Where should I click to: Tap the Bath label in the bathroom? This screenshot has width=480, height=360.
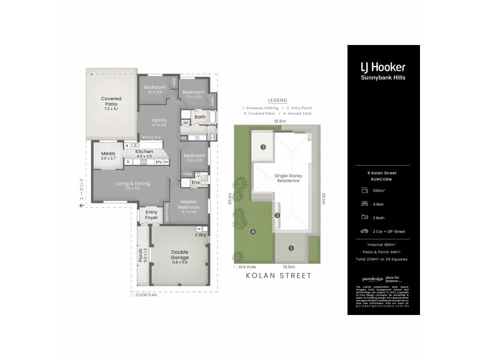(199, 117)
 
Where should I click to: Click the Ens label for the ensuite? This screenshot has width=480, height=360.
(195, 182)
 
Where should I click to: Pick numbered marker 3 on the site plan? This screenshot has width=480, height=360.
(263, 148)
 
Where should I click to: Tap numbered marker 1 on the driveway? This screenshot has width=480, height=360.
(291, 248)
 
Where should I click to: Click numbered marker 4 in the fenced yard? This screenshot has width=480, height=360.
(253, 231)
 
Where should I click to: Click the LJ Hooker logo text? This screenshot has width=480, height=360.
(382, 67)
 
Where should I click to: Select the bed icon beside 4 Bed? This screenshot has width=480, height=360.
(364, 204)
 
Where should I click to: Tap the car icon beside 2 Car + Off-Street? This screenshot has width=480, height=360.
(364, 230)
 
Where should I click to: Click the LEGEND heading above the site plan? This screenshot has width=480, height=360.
(278, 100)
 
